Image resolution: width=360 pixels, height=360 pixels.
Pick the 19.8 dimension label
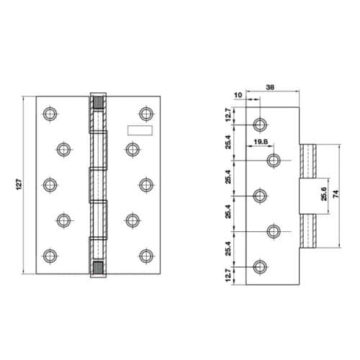click(261, 142)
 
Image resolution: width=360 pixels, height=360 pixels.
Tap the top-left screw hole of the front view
click(49, 113)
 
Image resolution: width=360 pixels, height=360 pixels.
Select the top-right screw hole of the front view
click(146, 113)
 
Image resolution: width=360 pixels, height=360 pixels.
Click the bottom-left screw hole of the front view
click(49, 255)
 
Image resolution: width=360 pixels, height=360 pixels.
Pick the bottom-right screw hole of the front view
click(146, 255)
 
